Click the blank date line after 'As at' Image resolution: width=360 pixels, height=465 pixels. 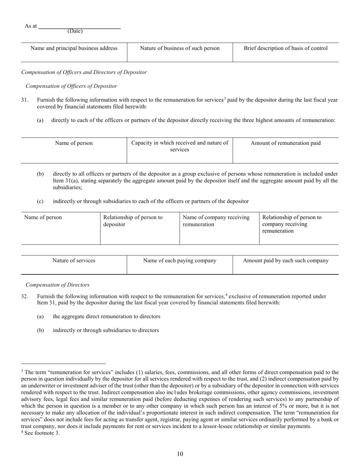pyautogui.click(x=80, y=27)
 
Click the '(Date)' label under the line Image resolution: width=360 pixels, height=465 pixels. pyautogui.click(x=75, y=31)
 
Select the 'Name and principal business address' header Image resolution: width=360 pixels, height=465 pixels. pyautogui.click(x=74, y=48)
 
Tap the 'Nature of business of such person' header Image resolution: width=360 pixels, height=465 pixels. pyautogui.click(x=180, y=48)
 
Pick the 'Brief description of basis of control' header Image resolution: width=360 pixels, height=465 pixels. pyautogui.click(x=286, y=48)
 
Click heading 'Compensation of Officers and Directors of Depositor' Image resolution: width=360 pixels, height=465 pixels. pyautogui.click(x=84, y=72)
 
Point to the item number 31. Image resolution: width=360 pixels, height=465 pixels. pyautogui.click(x=25, y=100)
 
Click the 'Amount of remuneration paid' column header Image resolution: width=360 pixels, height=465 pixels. pyautogui.click(x=286, y=143)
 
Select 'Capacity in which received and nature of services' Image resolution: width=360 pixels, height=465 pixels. pyautogui.click(x=180, y=146)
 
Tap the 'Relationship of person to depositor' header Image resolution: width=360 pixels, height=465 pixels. pyautogui.click(x=133, y=221)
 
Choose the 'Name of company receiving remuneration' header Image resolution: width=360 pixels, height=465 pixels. pyautogui.click(x=216, y=221)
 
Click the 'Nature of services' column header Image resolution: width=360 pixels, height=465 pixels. pyautogui.click(x=74, y=260)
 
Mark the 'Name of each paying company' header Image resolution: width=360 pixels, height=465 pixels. pyautogui.click(x=180, y=260)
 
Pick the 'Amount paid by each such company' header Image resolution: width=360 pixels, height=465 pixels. pyautogui.click(x=286, y=260)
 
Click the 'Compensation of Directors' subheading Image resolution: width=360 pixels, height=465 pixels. pyautogui.click(x=58, y=285)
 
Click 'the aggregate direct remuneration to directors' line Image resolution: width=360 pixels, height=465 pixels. pyautogui.click(x=106, y=316)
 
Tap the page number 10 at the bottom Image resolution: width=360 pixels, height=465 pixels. pyautogui.click(x=180, y=454)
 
